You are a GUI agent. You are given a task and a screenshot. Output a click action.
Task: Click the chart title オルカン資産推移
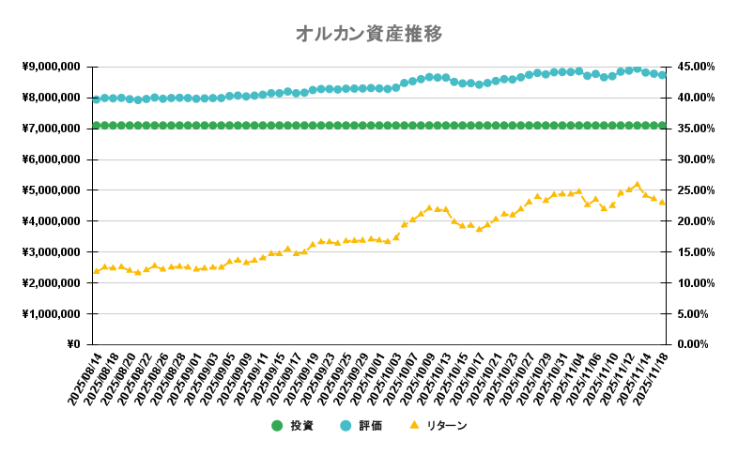368,34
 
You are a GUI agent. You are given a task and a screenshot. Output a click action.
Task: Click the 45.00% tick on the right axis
694,67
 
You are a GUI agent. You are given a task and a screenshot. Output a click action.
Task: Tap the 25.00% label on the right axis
694,190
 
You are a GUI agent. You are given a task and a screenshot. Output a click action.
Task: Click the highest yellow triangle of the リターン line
638,184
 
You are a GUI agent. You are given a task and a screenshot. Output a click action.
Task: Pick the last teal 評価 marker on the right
662,75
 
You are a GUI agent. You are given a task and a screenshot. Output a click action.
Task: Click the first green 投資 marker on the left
96,125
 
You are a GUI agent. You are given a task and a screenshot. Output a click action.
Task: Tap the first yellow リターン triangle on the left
96,271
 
